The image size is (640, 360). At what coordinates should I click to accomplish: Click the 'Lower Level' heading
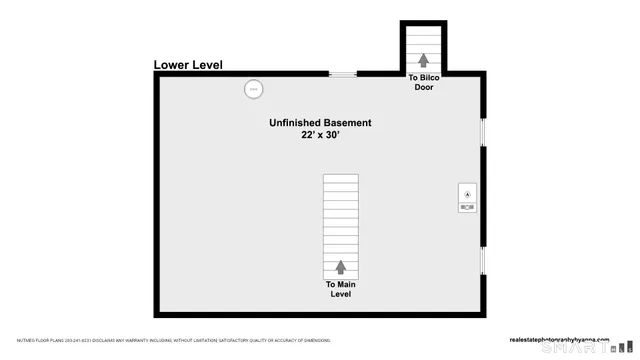[x=188, y=65]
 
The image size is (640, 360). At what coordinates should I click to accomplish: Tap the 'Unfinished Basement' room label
[x=320, y=123]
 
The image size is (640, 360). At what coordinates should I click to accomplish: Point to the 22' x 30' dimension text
[x=320, y=137]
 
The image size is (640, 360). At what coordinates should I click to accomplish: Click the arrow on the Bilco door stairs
[x=423, y=60]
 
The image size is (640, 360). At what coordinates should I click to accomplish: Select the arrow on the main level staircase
[x=340, y=267]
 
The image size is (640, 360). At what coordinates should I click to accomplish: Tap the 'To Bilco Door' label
[x=424, y=82]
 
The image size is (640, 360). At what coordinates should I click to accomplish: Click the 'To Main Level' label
[x=340, y=289]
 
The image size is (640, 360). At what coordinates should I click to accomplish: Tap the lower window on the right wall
[x=483, y=261]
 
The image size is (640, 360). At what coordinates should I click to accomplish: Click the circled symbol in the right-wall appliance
[x=467, y=191]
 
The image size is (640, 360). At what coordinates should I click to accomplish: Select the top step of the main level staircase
[x=340, y=177]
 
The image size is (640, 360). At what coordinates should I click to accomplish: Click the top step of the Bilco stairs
[x=424, y=29]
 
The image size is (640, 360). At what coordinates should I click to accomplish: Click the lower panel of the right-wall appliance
[x=467, y=206]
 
